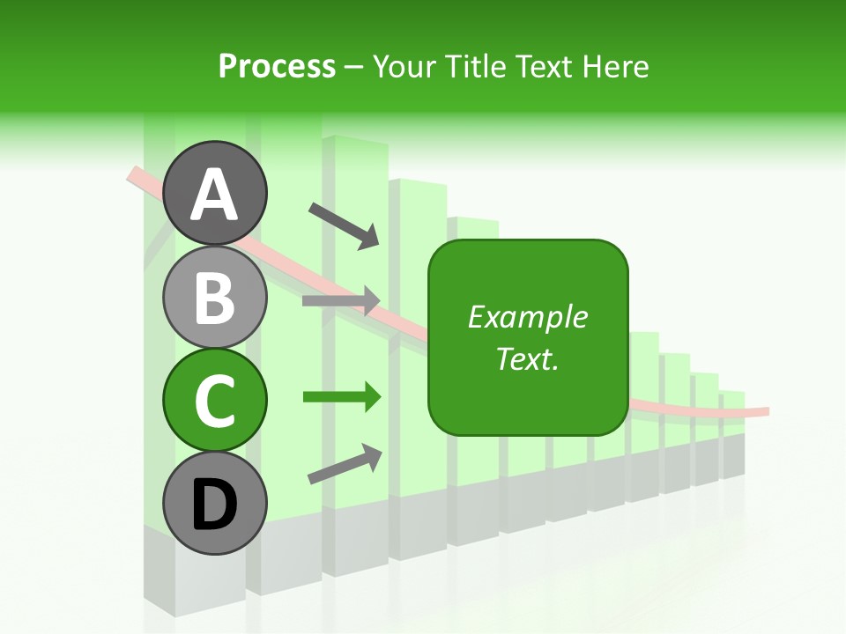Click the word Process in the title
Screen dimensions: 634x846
(277, 66)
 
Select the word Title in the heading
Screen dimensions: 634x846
(470, 66)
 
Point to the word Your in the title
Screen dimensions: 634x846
(404, 66)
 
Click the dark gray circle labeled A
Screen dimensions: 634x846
(215, 193)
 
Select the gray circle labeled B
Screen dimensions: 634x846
(215, 298)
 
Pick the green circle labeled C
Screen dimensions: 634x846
(215, 401)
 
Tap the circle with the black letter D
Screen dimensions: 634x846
(215, 504)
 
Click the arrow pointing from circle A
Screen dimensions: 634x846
(344, 225)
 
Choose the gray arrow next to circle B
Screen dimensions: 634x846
(341, 300)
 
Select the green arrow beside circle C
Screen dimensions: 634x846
(341, 397)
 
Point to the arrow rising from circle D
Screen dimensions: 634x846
(345, 465)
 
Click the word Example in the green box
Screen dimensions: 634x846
(528, 317)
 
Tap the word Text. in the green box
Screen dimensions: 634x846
(528, 359)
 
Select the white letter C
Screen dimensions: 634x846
(215, 402)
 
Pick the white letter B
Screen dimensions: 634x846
(215, 299)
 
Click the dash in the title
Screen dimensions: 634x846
(354, 67)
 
